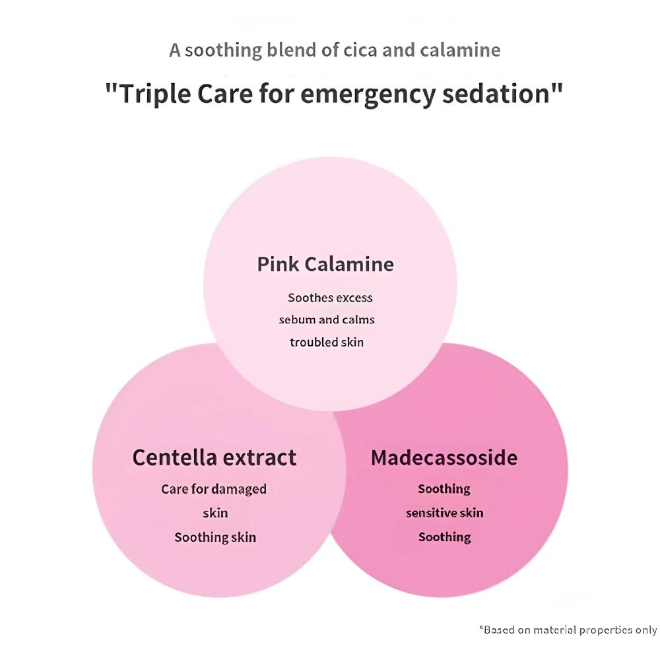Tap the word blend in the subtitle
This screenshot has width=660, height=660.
(x=291, y=50)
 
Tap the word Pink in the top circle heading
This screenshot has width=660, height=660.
(x=278, y=265)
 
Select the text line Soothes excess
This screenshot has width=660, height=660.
(x=330, y=298)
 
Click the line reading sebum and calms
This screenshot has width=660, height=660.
(x=327, y=319)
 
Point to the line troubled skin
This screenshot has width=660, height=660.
(x=327, y=342)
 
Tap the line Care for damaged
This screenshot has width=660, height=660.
(x=214, y=489)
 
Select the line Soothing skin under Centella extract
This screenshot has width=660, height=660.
(x=215, y=537)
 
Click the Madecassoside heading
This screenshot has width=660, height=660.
(x=444, y=457)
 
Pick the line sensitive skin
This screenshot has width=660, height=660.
(x=445, y=513)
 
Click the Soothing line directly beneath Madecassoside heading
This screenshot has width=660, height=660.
(x=444, y=489)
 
